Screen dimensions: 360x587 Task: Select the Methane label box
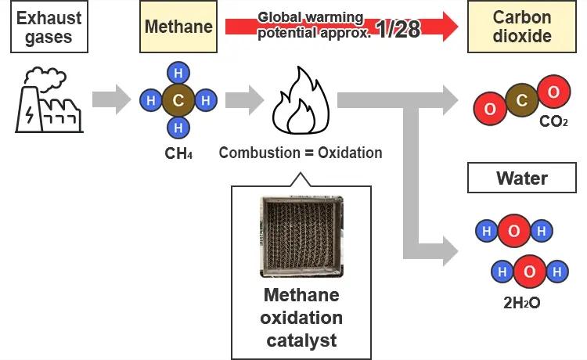pyautogui.click(x=178, y=27)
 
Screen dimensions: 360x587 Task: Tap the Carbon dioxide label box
pyautogui.click(x=521, y=27)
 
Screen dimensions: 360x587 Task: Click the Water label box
pyautogui.click(x=521, y=178)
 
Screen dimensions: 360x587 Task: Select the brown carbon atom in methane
pyautogui.click(x=178, y=100)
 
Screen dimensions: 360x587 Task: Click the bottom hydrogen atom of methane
pyautogui.click(x=178, y=127)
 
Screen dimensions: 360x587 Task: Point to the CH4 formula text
pyautogui.click(x=178, y=153)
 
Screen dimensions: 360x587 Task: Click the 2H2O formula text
pyautogui.click(x=521, y=301)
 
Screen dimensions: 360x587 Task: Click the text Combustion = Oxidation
pyautogui.click(x=301, y=153)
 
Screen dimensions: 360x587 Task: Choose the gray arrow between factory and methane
pyautogui.click(x=110, y=99)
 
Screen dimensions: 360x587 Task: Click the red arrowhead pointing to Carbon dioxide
pyautogui.click(x=448, y=27)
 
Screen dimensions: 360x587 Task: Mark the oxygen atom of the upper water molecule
pyautogui.click(x=514, y=231)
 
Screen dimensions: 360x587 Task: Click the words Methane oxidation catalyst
pyautogui.click(x=301, y=318)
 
